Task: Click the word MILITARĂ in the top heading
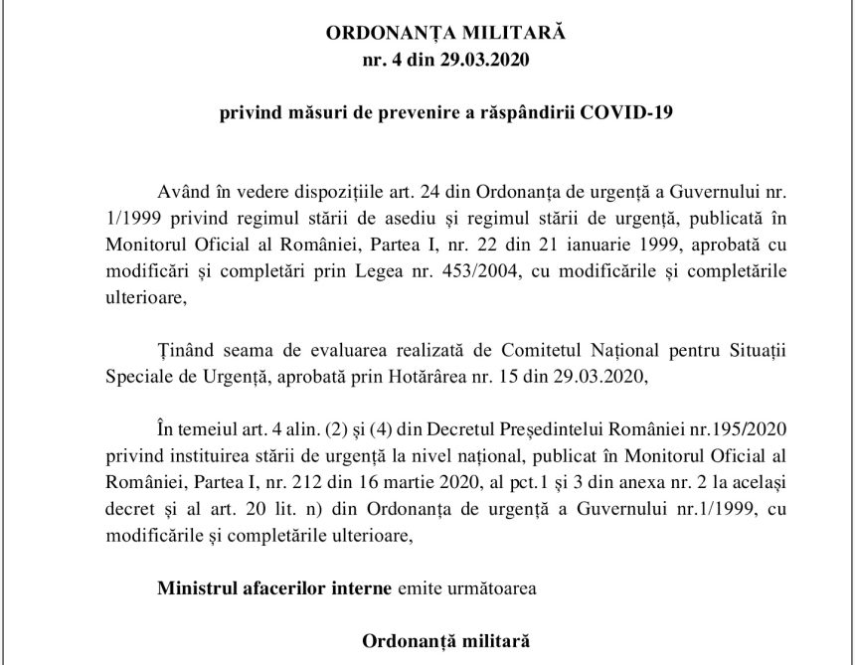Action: pos(510,33)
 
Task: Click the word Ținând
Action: pos(183,350)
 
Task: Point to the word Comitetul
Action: pos(545,350)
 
